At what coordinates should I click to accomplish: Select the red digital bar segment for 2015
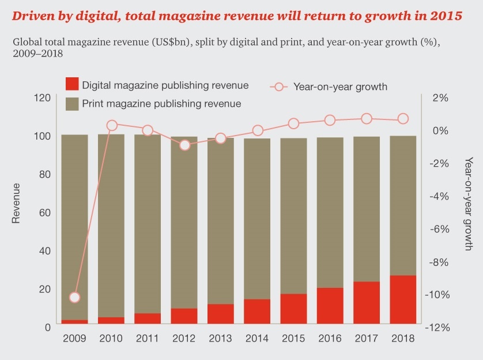(x=293, y=310)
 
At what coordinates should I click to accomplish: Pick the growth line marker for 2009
(x=74, y=298)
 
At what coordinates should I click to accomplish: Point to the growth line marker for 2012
(x=184, y=145)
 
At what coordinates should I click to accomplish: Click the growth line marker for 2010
(x=112, y=125)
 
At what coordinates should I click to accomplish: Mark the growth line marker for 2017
(x=367, y=119)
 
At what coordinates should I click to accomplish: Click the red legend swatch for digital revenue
(x=72, y=85)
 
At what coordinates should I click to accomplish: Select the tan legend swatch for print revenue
(x=72, y=104)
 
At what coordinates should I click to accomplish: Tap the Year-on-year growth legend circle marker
(x=279, y=87)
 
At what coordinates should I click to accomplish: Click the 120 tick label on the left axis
(x=42, y=97)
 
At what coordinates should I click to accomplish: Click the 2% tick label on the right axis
(x=440, y=97)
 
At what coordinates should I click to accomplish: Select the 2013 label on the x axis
(x=221, y=339)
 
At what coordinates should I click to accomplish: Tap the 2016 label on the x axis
(x=330, y=339)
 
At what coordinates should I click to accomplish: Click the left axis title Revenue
(x=17, y=203)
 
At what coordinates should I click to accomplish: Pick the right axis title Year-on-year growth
(x=468, y=203)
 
